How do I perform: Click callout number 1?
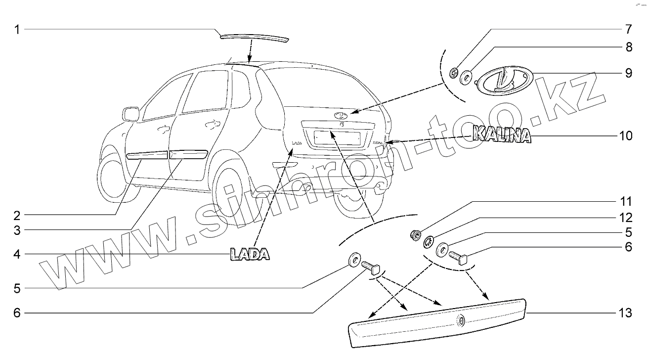tap(16, 30)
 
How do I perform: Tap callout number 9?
tap(628, 73)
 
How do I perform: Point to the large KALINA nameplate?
tap(501, 135)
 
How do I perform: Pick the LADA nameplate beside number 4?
tap(250, 255)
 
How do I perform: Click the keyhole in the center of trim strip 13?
tap(461, 321)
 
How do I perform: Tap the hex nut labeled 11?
tap(416, 234)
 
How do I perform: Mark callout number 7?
tap(628, 29)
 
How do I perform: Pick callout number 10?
tap(625, 135)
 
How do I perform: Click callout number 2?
tap(16, 215)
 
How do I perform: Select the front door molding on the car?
tap(147, 156)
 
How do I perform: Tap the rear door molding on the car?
tap(188, 153)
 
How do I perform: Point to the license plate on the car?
tap(332, 137)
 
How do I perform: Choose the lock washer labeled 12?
tap(429, 242)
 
